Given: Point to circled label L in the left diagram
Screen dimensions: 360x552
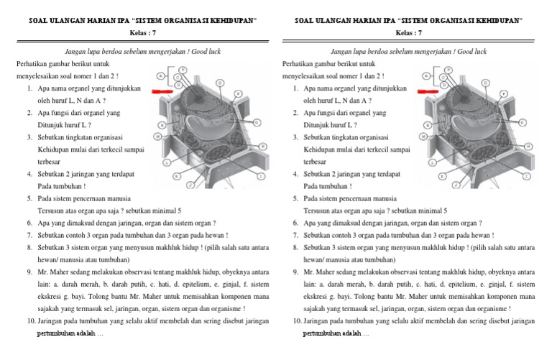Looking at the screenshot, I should pos(167,162).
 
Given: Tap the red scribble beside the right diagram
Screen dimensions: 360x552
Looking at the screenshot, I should pos(430,92).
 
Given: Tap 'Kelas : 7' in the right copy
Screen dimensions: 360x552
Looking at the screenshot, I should pos(409,33).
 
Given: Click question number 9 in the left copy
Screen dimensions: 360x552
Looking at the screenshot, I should pos(29,272).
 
